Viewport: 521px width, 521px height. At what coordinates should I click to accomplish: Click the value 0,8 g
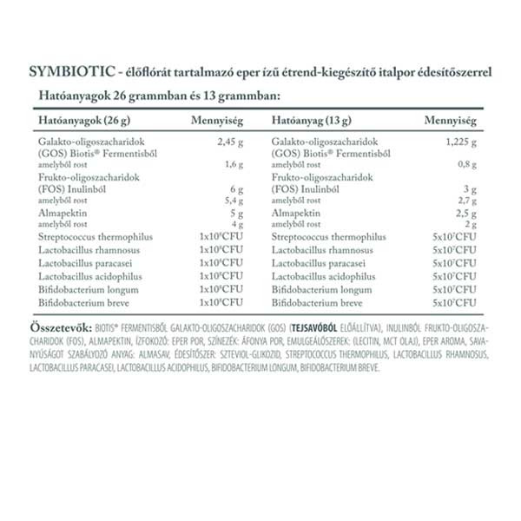coord(468,163)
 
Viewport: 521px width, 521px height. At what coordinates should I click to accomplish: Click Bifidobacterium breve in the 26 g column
coord(89,302)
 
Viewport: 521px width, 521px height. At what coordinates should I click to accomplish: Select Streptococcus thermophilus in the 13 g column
coord(328,236)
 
